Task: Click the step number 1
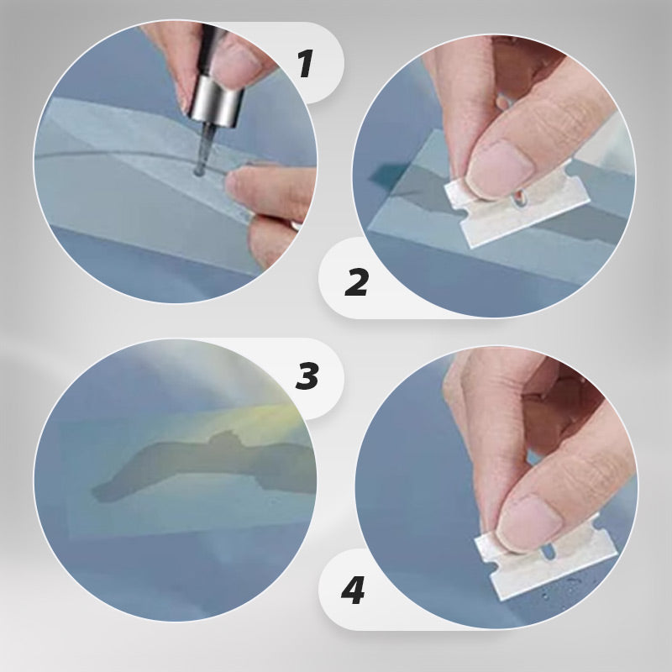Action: [306, 64]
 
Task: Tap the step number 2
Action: [356, 282]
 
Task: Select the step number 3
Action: [307, 375]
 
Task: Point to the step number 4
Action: [353, 591]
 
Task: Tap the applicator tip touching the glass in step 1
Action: [199, 171]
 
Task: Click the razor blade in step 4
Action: [547, 557]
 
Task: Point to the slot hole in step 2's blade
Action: [519, 198]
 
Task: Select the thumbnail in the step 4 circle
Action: [529, 522]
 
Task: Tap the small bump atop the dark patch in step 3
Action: [223, 437]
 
